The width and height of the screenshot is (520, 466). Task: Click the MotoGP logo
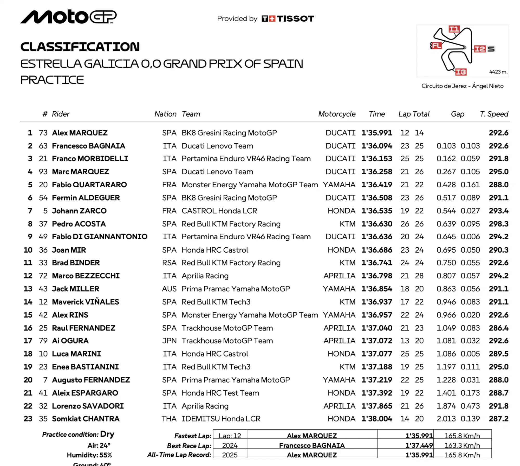(x=68, y=17)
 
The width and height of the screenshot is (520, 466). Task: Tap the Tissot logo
(x=288, y=19)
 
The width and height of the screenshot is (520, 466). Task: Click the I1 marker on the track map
(x=454, y=29)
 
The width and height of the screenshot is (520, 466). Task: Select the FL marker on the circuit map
(x=436, y=46)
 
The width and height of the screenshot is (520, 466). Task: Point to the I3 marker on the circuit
(x=461, y=72)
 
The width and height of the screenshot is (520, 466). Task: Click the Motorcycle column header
(x=337, y=114)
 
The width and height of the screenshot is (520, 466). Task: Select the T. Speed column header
(x=494, y=114)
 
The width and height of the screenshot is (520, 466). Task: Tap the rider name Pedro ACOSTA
(x=79, y=224)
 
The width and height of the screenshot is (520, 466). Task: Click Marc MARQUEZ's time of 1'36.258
(x=377, y=172)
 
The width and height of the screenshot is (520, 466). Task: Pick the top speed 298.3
(x=498, y=224)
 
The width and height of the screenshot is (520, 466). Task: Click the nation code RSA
(x=169, y=263)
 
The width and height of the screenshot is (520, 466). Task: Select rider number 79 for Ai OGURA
(x=43, y=341)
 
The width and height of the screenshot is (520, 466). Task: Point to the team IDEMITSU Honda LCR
(x=221, y=419)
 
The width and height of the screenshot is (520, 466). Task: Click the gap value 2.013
(x=446, y=419)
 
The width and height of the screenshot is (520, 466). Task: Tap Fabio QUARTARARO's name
(x=89, y=185)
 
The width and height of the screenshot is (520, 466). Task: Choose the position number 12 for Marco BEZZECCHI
(x=28, y=276)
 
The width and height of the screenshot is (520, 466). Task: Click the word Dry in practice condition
(x=107, y=434)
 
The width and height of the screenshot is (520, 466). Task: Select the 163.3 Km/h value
(x=462, y=445)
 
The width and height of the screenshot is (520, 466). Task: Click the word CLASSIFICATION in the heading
(x=80, y=47)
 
